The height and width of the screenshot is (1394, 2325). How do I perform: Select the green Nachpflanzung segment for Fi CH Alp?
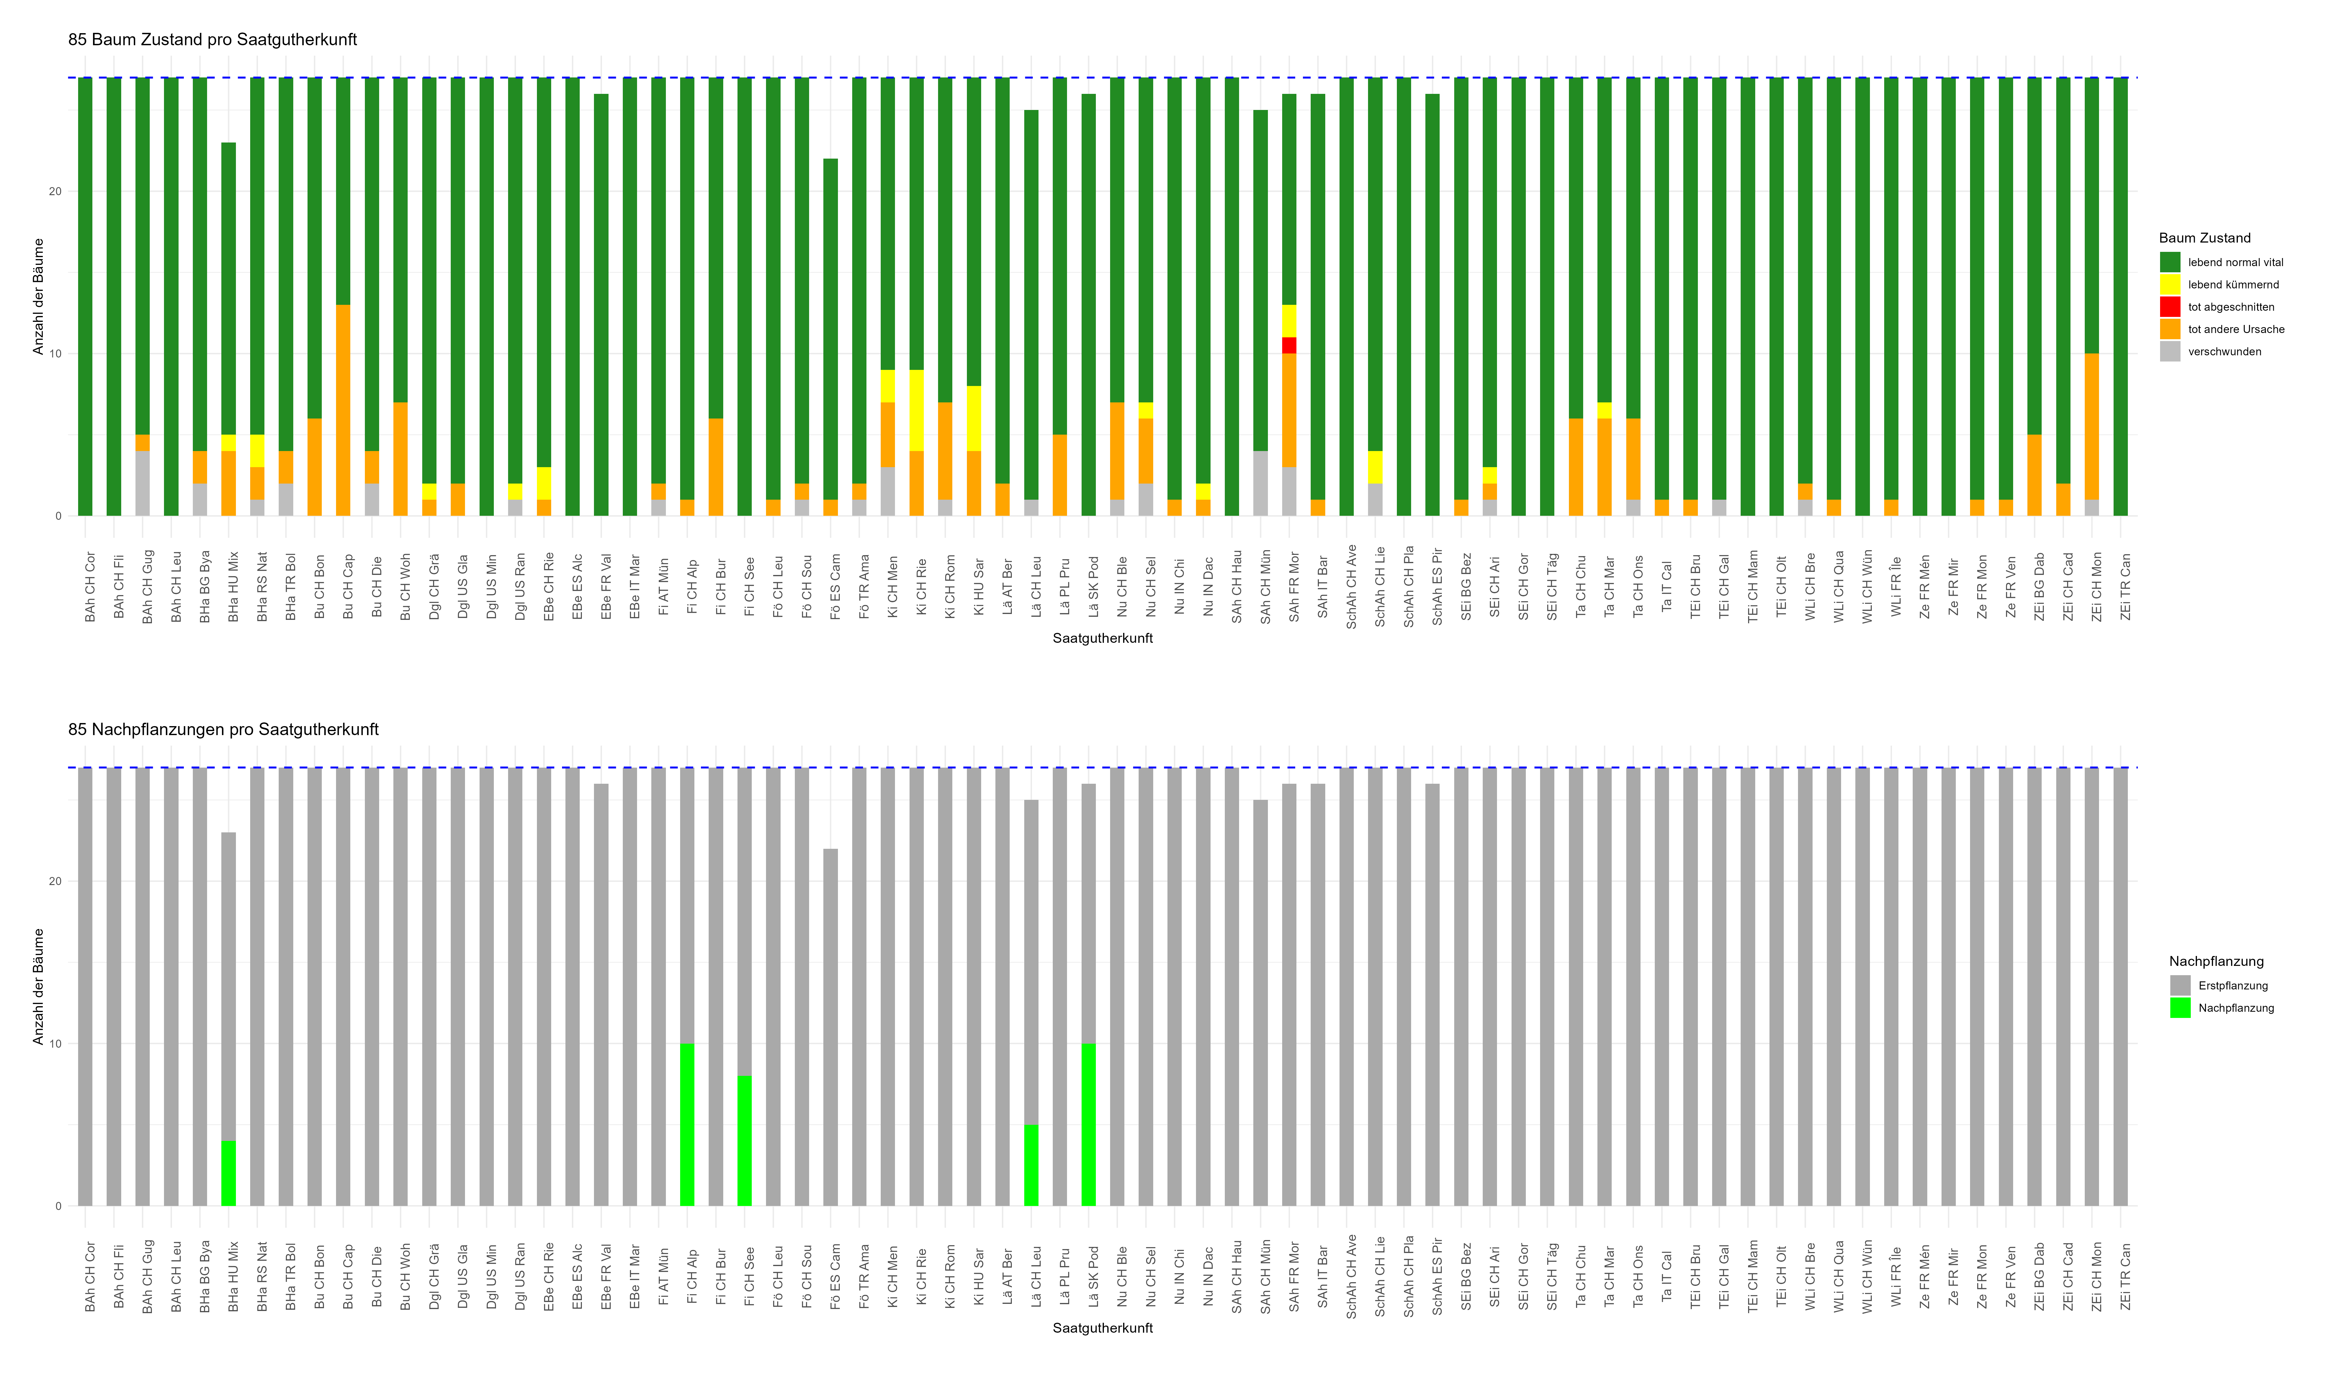point(687,1124)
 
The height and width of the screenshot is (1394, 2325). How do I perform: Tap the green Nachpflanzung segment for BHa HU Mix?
point(228,1173)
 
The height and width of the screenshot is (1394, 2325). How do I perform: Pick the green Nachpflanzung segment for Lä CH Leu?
point(1031,1165)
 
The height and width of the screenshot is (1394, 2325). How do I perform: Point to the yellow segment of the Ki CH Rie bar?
point(916,410)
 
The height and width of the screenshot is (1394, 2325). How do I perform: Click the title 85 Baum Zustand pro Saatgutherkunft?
point(212,39)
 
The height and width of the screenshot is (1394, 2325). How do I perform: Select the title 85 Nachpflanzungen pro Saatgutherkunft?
point(223,730)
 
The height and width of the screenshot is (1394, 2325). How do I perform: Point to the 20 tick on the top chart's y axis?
point(55,192)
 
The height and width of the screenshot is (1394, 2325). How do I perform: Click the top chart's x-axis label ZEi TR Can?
point(2126,587)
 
